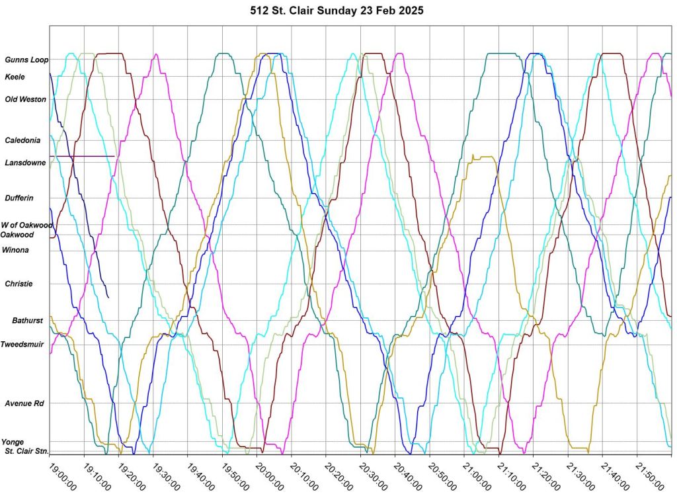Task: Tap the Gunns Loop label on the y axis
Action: pos(26,60)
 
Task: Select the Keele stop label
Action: pos(15,77)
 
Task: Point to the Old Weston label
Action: pos(26,99)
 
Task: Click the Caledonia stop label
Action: pos(22,140)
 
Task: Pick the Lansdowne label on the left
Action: pos(25,163)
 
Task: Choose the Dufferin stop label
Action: pos(19,198)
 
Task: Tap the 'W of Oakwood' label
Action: pos(26,225)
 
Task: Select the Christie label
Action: pos(19,284)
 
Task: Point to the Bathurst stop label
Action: pos(27,321)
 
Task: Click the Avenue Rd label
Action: pos(24,403)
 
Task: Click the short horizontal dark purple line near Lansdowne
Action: pos(82,156)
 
